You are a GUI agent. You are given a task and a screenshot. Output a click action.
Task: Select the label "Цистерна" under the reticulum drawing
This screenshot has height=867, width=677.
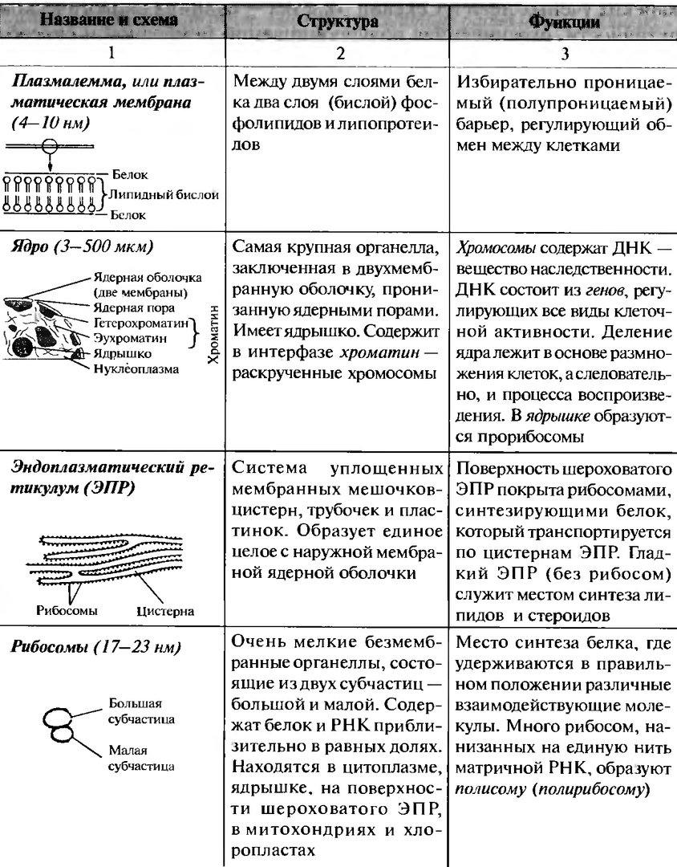pos(165,611)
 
